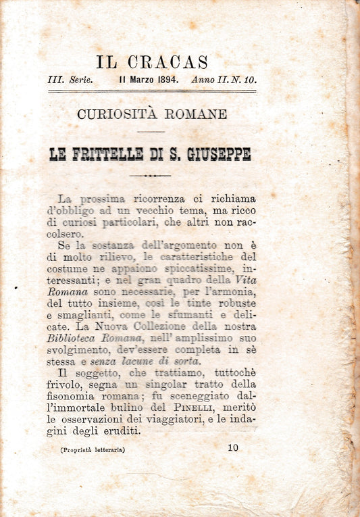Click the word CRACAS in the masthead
[x=171, y=63]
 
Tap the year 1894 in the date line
[x=164, y=80]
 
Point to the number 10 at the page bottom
[x=233, y=447]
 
